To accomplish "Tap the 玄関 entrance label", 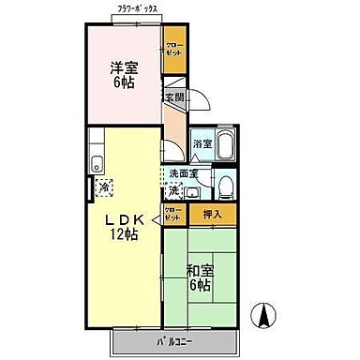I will pyautogui.click(x=174, y=97).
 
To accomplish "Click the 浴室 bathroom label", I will pyautogui.click(x=202, y=143).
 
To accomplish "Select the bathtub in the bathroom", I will pyautogui.click(x=226, y=146).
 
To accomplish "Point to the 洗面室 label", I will pyautogui.click(x=183, y=174).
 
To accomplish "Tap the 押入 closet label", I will pyautogui.click(x=213, y=215).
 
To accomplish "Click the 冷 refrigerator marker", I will pyautogui.click(x=103, y=187).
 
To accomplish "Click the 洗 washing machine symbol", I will pyautogui.click(x=173, y=190).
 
